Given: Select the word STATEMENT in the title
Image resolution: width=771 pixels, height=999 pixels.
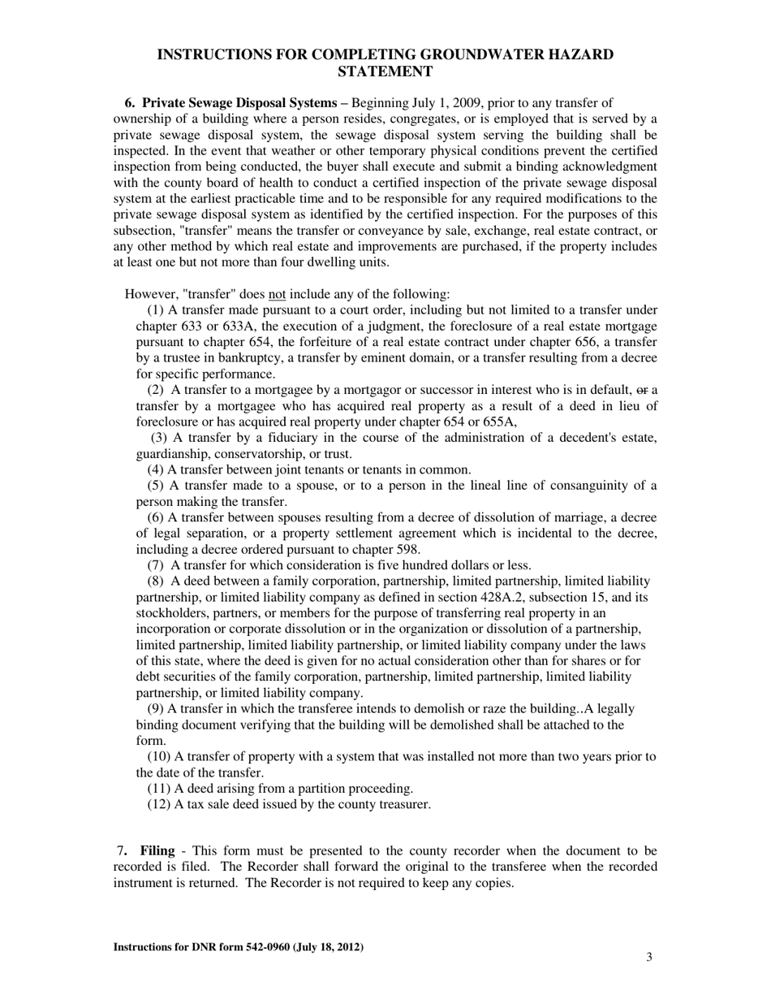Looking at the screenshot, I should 385,71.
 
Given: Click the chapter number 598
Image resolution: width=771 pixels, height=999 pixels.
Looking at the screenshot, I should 406,549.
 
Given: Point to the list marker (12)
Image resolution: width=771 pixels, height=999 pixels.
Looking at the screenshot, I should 159,804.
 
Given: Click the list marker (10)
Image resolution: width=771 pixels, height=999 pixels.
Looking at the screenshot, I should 159,756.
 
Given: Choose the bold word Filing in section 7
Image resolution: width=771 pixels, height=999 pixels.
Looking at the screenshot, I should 157,850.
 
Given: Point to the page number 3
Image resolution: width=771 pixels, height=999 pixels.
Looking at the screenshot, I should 649,957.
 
